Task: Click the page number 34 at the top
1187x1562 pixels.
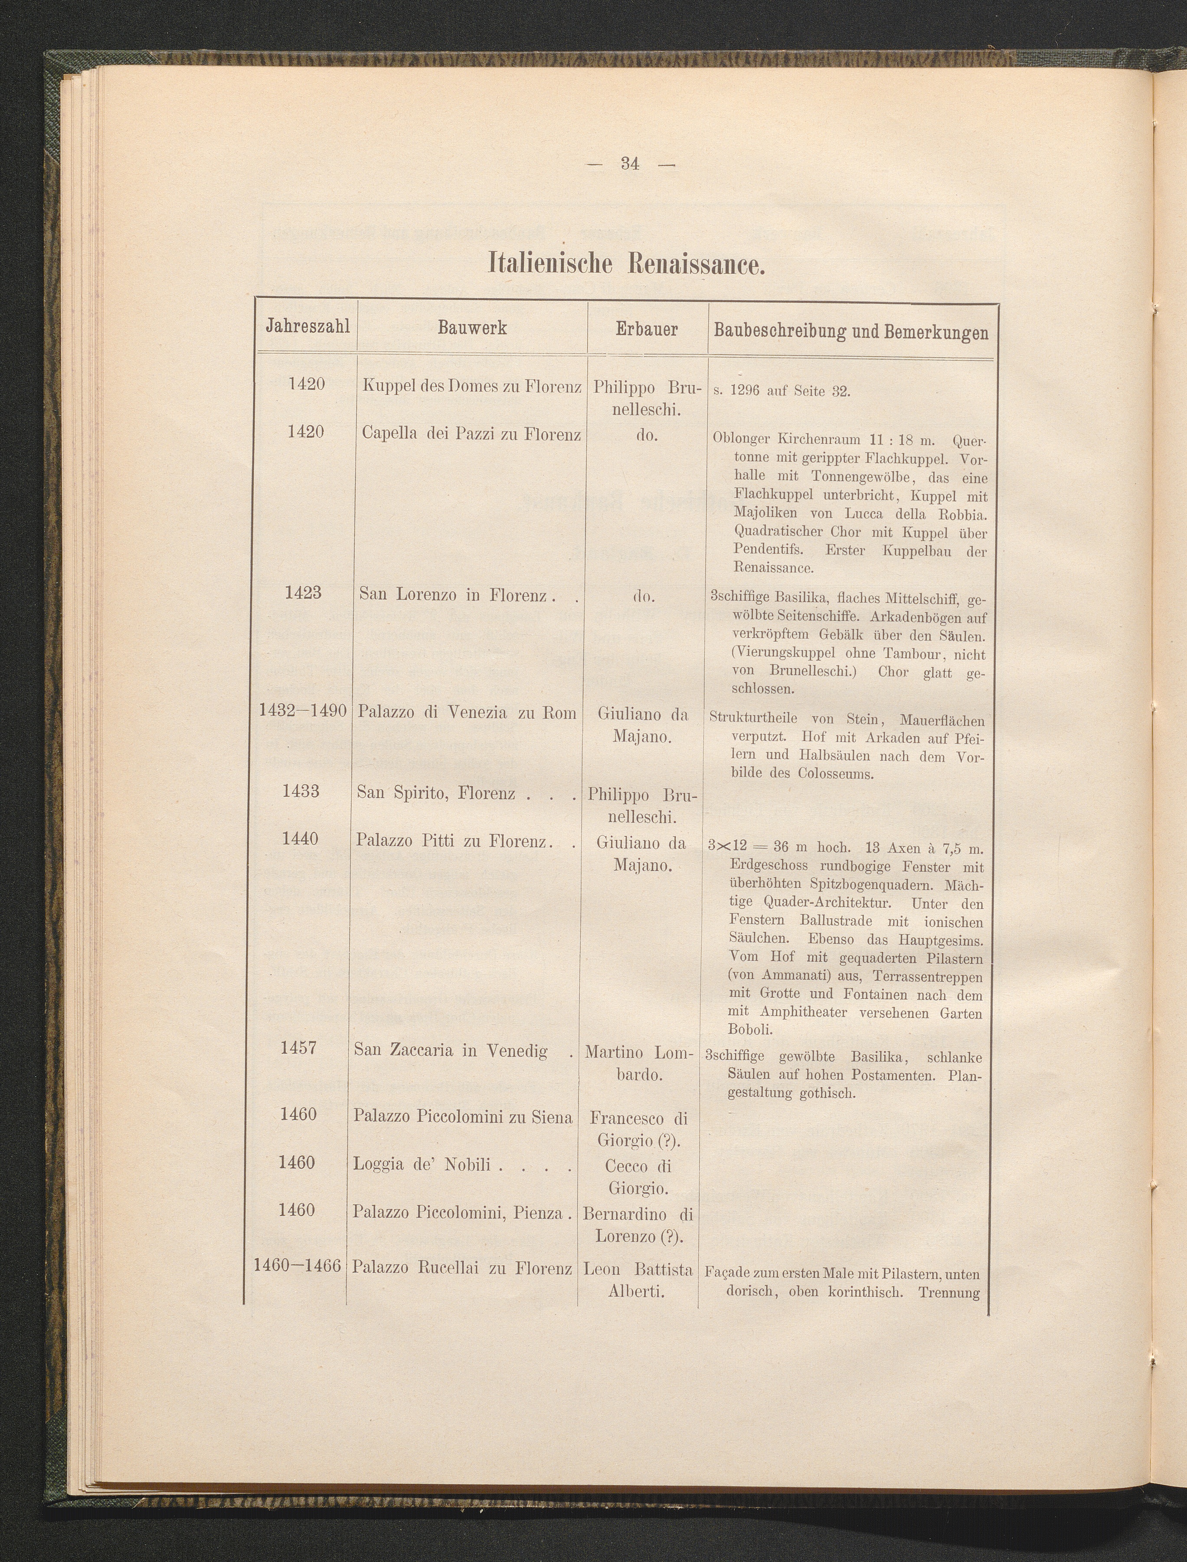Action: coord(630,164)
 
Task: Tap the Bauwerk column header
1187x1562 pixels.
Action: coord(472,328)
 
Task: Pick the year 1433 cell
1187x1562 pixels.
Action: coord(301,791)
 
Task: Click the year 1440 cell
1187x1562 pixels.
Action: coord(300,839)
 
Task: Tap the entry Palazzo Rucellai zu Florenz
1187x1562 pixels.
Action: coord(462,1268)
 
